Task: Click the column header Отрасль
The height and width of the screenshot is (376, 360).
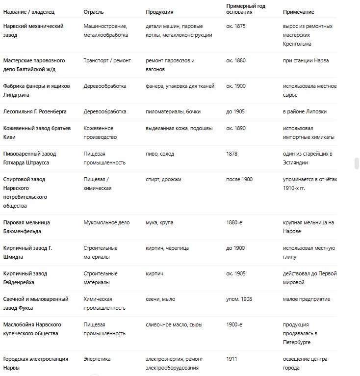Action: (93, 12)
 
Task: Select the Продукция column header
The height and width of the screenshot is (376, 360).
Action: (159, 12)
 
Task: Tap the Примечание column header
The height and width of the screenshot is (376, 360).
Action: (298, 12)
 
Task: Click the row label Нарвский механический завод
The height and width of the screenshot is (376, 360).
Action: (33, 30)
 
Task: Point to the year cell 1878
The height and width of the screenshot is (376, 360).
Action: (231, 154)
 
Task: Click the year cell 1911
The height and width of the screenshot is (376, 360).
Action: (231, 359)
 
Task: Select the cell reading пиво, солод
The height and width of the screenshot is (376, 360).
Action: (160, 154)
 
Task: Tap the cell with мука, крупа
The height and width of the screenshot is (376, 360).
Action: (159, 222)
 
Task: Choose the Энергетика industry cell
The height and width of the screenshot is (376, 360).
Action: (97, 359)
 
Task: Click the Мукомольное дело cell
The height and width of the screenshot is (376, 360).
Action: (106, 222)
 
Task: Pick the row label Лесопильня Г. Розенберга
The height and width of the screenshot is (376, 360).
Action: (34, 111)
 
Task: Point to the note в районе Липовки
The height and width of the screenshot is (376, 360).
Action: (305, 111)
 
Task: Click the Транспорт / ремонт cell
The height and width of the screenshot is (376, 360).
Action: (107, 60)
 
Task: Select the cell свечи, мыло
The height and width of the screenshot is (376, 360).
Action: (160, 299)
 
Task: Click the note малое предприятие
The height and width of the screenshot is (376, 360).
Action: (307, 299)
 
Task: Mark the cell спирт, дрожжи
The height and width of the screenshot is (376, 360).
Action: (163, 179)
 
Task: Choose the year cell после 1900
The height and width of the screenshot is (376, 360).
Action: (239, 179)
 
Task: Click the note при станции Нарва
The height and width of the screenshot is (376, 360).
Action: (306, 60)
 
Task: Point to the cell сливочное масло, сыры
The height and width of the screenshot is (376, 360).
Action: (174, 324)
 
